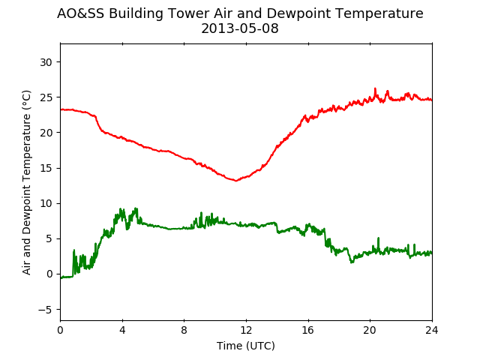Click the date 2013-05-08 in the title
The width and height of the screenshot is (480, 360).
240,28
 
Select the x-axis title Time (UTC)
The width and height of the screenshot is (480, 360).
246,346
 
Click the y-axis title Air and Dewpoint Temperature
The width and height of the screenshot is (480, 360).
27,182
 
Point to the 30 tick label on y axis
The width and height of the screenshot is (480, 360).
46,62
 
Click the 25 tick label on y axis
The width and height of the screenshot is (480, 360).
46,97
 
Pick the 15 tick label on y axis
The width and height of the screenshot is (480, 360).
46,168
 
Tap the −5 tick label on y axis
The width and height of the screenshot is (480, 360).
45,310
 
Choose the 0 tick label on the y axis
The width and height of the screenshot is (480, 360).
49,274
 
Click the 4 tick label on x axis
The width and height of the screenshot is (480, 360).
122,330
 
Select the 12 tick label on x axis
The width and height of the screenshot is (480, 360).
246,330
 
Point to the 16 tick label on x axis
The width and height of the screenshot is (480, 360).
308,330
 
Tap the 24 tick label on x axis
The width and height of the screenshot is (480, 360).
432,330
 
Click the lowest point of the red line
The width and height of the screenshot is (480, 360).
235,181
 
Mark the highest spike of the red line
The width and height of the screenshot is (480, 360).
375,88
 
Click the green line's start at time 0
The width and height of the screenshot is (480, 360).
61,278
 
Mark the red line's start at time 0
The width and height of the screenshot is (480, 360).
61,109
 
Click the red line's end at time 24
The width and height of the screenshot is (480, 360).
432,100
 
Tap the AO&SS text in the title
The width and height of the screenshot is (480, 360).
81,13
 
